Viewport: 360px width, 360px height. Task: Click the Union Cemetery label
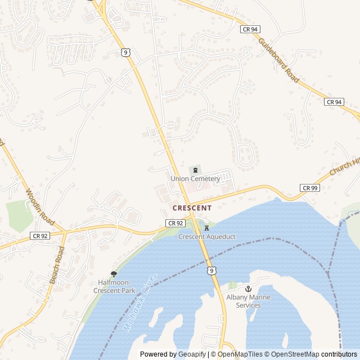point(195,179)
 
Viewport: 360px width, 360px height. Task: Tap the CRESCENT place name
point(192,208)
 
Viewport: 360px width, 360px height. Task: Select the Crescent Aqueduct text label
point(206,237)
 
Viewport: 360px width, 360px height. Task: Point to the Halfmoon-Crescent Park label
point(114,286)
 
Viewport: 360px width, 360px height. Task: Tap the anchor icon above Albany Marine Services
point(248,289)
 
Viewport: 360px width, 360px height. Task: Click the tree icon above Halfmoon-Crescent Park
point(114,274)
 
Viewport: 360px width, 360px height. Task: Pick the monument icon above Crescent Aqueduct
point(206,228)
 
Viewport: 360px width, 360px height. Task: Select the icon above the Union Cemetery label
point(195,170)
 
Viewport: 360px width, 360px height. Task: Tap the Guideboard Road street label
point(278,61)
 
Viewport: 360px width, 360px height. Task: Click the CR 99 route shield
point(309,188)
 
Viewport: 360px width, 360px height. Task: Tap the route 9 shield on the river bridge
point(211,271)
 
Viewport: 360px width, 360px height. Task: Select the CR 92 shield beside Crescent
point(175,223)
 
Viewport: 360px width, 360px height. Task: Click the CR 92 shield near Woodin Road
point(39,236)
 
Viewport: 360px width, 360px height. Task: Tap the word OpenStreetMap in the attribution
point(292,354)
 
